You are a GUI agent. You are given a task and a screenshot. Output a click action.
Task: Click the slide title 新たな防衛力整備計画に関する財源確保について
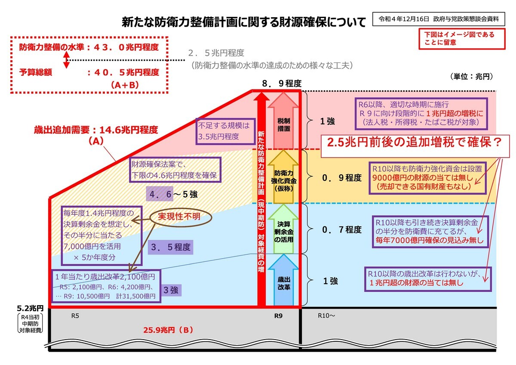click(244, 22)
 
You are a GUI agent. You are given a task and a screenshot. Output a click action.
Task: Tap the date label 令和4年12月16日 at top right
click(404, 19)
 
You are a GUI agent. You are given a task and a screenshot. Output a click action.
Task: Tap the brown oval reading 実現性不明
click(181, 217)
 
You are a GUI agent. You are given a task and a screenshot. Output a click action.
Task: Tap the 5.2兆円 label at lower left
click(30, 308)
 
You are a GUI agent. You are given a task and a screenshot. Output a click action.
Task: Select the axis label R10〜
click(326, 315)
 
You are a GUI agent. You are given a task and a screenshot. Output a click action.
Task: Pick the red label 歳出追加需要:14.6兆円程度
click(96, 129)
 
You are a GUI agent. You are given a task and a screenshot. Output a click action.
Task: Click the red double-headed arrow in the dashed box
click(66, 60)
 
